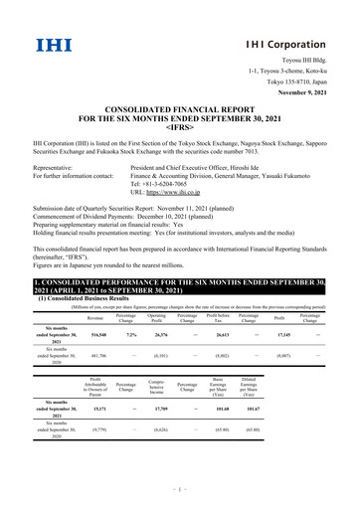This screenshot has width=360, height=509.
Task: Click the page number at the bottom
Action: (x=180, y=489)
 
